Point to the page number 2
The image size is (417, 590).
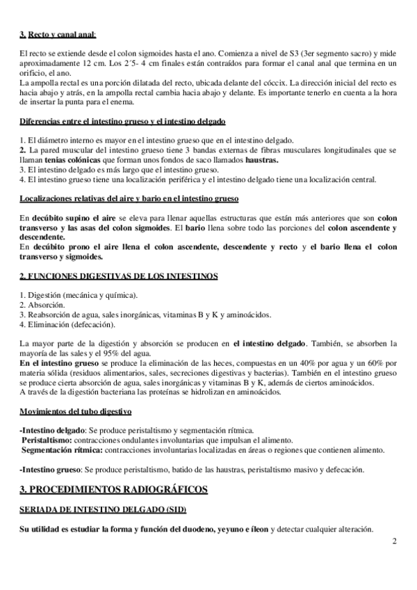[394, 541]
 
